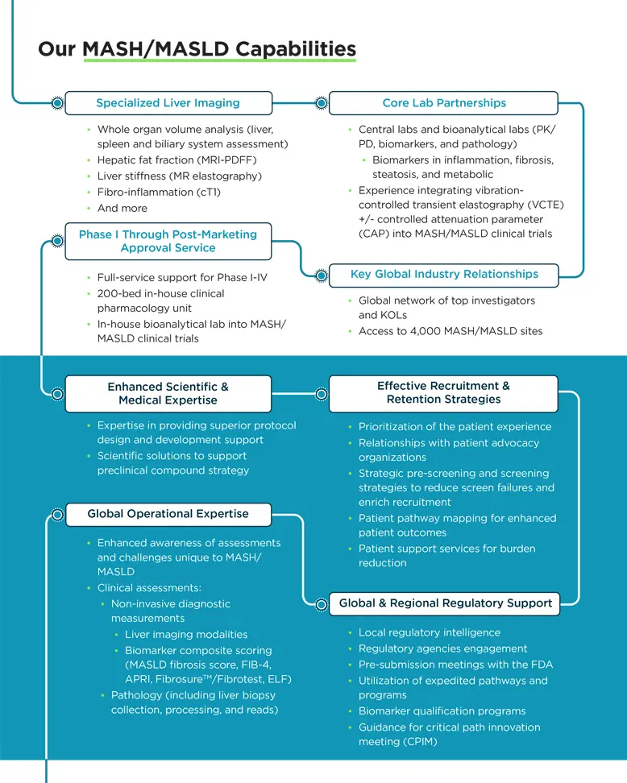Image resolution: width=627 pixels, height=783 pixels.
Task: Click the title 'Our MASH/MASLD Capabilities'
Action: (x=197, y=49)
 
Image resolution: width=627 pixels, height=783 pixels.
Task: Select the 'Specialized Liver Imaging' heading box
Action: (x=168, y=103)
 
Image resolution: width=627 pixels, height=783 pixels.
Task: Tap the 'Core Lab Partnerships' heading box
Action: (x=443, y=103)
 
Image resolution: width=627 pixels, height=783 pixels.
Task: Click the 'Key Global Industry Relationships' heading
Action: (x=443, y=275)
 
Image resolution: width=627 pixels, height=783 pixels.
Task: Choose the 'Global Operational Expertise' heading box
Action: (x=168, y=514)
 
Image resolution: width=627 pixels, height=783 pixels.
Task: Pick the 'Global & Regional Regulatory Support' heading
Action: (x=445, y=603)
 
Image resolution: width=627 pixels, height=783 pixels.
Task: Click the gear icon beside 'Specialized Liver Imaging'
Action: (x=57, y=103)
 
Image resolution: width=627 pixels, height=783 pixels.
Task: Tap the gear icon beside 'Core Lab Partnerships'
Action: (x=321, y=103)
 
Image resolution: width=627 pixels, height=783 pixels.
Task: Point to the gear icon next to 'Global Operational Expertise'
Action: (x=57, y=514)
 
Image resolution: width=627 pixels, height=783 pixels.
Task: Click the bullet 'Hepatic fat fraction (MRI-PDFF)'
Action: (x=176, y=160)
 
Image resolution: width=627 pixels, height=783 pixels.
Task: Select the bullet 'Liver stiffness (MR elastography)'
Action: (x=179, y=176)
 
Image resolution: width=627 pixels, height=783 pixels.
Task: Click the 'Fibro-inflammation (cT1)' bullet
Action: (x=159, y=193)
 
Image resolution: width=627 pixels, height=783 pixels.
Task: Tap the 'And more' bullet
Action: (x=122, y=208)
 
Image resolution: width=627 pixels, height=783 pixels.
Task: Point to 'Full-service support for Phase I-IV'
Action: (x=182, y=278)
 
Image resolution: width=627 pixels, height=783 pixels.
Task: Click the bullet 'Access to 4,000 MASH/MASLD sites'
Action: (x=450, y=331)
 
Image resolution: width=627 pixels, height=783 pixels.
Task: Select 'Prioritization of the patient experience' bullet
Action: (x=455, y=427)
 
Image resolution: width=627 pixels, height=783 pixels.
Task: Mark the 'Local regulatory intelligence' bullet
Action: (x=429, y=633)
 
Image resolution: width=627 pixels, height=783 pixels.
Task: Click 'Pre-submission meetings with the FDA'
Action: (x=455, y=665)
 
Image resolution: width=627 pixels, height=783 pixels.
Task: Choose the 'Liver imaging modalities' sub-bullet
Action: (x=186, y=635)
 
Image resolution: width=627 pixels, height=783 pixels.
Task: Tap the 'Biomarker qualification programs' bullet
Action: (x=442, y=711)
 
